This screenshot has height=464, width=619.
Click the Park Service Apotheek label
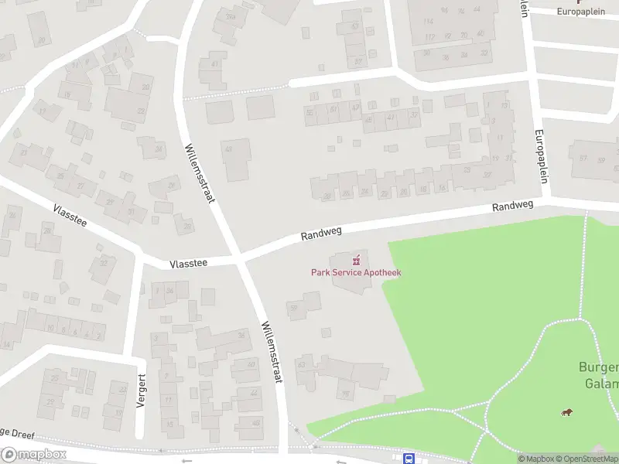[x=356, y=272]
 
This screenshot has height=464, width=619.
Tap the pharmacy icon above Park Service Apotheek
[x=357, y=260]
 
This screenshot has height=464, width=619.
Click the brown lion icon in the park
[x=569, y=412]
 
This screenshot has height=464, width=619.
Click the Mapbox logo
[x=34, y=455]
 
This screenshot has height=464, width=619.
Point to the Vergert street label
[x=141, y=394]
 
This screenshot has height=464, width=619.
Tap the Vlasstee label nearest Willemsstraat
[x=189, y=264]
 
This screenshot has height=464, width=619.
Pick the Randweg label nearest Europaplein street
[x=512, y=207]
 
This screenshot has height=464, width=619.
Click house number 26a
[x=230, y=16]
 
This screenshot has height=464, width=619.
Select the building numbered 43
[x=227, y=148]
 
